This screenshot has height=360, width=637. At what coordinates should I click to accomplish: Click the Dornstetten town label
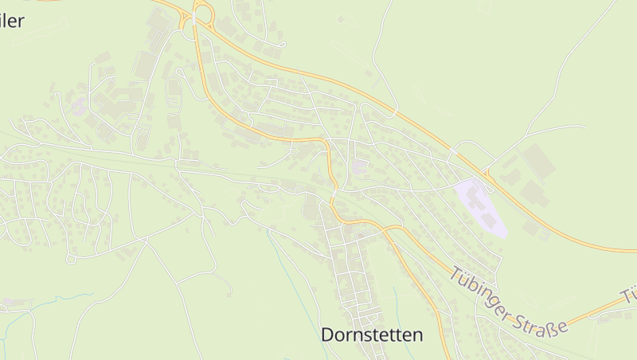pyautogui.click(x=372, y=335)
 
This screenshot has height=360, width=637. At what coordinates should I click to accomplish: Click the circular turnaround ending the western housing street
pyautogui.click(x=70, y=259)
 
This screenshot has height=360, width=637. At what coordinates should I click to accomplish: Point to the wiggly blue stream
pyautogui.click(x=48, y=303)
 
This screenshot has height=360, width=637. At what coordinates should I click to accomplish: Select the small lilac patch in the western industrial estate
pyautogui.click(x=79, y=104)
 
